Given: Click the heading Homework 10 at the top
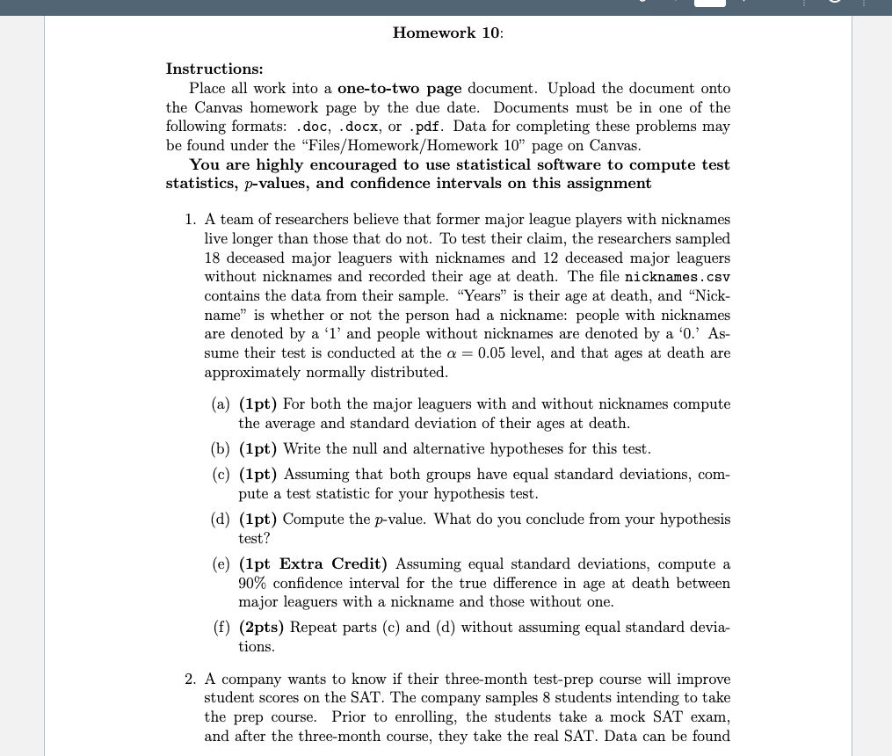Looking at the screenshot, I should tap(447, 33).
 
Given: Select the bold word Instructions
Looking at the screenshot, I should tap(214, 69).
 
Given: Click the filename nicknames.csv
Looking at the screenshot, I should tap(677, 277).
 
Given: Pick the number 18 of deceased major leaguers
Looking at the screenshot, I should tap(214, 258).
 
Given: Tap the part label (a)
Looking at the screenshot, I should tap(221, 404).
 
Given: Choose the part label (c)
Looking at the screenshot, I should tap(221, 475).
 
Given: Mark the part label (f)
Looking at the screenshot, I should tap(221, 628).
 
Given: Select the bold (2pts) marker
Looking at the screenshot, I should tap(261, 628).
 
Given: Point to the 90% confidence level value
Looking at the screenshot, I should tap(254, 584).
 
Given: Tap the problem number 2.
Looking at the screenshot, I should tap(191, 680).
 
